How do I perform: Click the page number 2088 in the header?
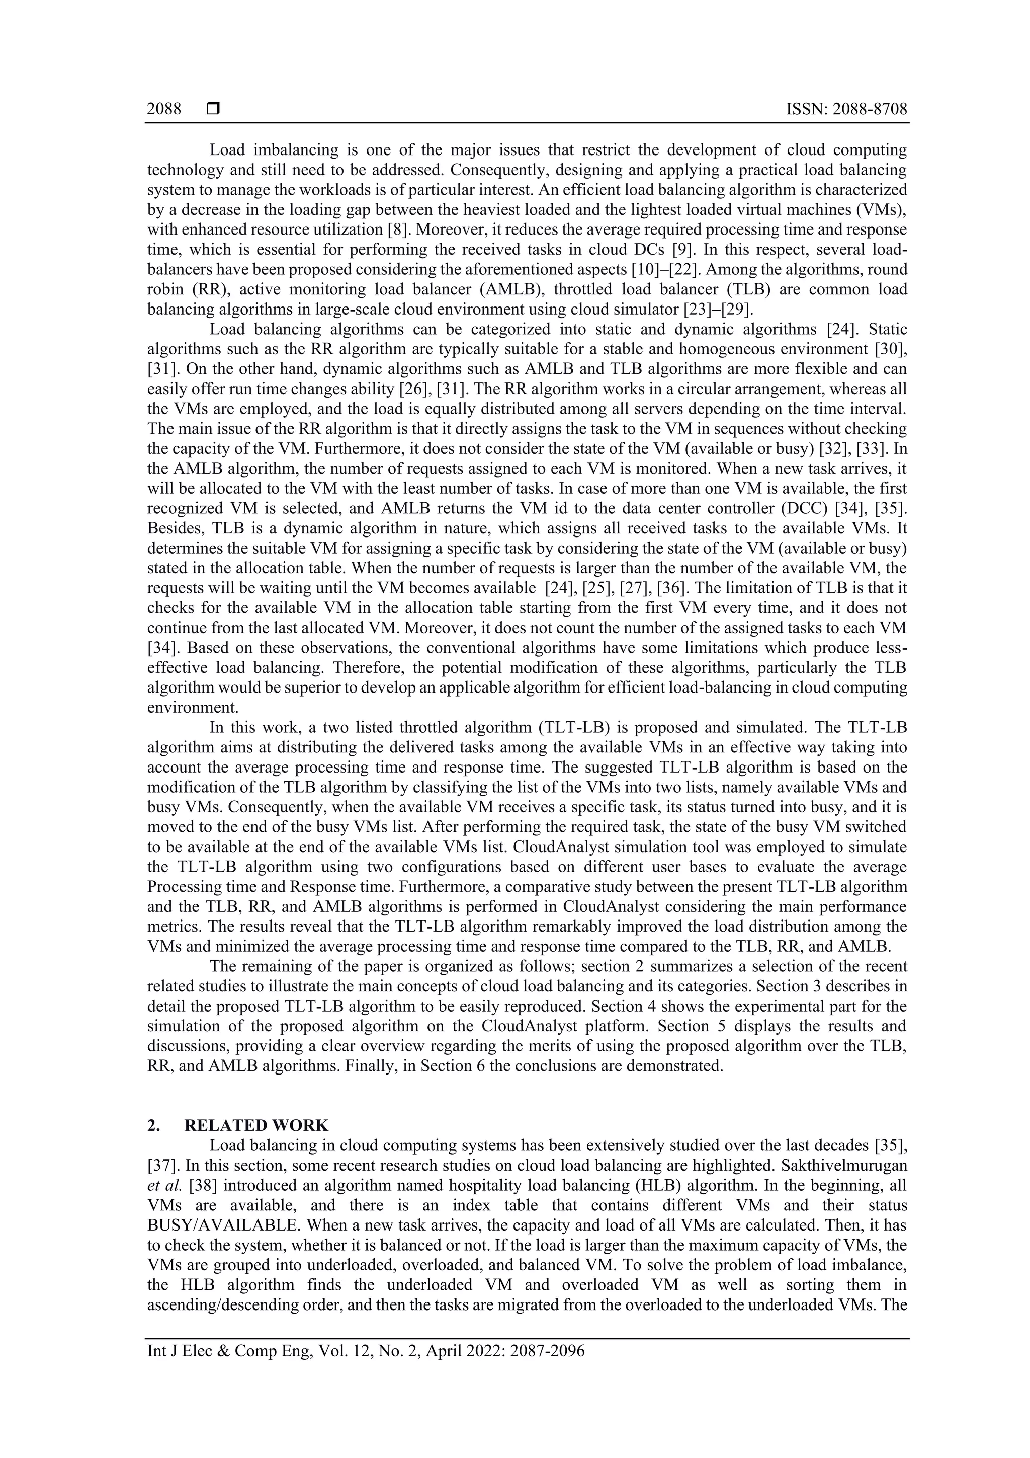pos(164,109)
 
